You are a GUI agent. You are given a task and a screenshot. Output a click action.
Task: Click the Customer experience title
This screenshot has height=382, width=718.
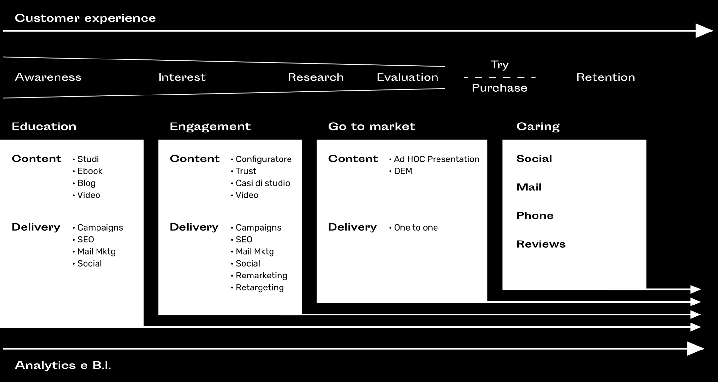point(85,18)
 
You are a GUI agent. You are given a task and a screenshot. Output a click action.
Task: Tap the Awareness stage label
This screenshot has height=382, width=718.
point(48,77)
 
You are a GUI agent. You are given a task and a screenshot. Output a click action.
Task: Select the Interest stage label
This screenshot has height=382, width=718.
point(182,77)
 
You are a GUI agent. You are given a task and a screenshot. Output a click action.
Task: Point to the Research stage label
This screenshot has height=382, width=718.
point(316,77)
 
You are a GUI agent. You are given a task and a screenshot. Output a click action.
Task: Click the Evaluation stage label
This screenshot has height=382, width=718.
point(408,77)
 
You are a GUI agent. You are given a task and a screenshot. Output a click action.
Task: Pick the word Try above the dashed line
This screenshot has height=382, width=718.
point(500,65)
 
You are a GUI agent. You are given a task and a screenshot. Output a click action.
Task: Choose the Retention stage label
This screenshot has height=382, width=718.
point(606,77)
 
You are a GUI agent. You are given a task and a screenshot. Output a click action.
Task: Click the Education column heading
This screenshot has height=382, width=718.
point(44,126)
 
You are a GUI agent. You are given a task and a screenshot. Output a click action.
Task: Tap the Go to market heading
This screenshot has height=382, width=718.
point(372,126)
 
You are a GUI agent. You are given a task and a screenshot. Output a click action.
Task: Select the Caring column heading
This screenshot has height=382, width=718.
point(538,127)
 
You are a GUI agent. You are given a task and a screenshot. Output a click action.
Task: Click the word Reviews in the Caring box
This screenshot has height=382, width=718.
point(541,244)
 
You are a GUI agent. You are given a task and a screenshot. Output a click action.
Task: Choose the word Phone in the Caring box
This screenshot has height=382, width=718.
point(535,215)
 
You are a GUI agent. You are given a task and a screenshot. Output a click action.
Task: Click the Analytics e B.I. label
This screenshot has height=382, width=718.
point(63,365)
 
